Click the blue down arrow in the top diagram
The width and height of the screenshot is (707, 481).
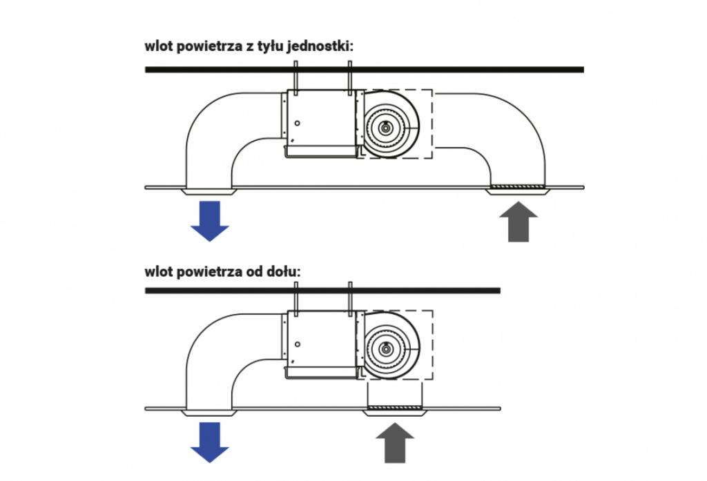pyautogui.click(x=210, y=221)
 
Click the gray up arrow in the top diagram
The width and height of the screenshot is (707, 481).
pyautogui.click(x=519, y=222)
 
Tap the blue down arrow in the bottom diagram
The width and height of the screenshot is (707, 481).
pyautogui.click(x=210, y=442)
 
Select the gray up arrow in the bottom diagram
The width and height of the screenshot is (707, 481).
pyautogui.click(x=395, y=442)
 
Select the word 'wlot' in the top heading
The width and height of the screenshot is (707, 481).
pyautogui.click(x=158, y=46)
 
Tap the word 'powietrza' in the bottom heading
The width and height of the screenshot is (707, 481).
pyautogui.click(x=209, y=273)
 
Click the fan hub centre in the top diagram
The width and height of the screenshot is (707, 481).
pyautogui.click(x=386, y=128)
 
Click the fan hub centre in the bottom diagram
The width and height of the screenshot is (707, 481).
pyautogui.click(x=386, y=349)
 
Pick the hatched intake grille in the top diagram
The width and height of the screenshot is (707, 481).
pyautogui.click(x=518, y=186)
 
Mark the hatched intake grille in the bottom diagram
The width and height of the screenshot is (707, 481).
pyautogui.click(x=395, y=408)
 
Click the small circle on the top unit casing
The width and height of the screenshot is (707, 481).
pyautogui.click(x=297, y=123)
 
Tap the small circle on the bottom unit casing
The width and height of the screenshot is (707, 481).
pyautogui.click(x=297, y=344)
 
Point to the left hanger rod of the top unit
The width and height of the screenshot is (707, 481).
pyautogui.click(x=296, y=78)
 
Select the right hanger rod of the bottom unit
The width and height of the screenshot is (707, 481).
pyautogui.click(x=350, y=299)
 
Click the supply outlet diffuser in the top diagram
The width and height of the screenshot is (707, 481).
pyautogui.click(x=209, y=192)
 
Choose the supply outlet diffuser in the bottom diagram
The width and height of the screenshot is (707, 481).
pyautogui.click(x=209, y=413)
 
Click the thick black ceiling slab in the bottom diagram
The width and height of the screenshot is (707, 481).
pyautogui.click(x=322, y=291)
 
